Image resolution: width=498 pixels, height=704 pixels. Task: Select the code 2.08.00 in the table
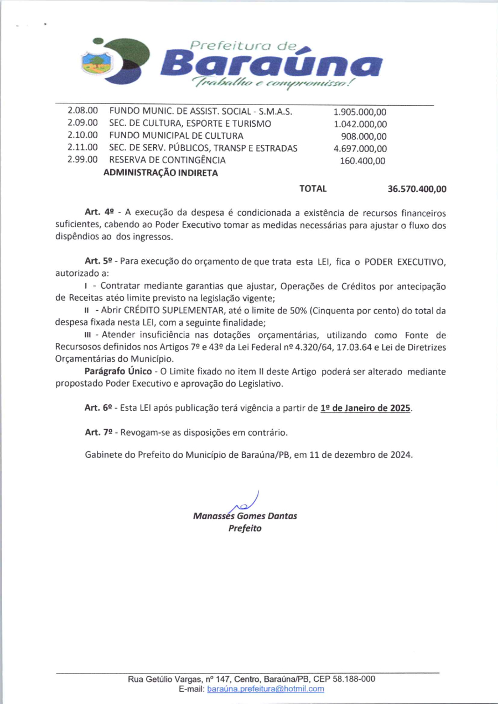point(82,112)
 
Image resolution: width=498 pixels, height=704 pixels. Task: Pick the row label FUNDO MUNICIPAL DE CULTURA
point(176,136)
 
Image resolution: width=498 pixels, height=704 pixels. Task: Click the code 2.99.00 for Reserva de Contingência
point(82,160)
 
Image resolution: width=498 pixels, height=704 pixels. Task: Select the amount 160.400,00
point(362,161)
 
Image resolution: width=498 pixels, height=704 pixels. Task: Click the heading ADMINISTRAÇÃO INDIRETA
point(160,173)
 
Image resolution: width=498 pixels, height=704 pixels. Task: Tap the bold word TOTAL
point(313,189)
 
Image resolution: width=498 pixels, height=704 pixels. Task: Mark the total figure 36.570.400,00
point(417,189)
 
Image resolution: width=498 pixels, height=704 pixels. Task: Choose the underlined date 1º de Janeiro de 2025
point(366,408)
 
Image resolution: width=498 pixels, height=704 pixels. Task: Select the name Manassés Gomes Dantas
point(245,516)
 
